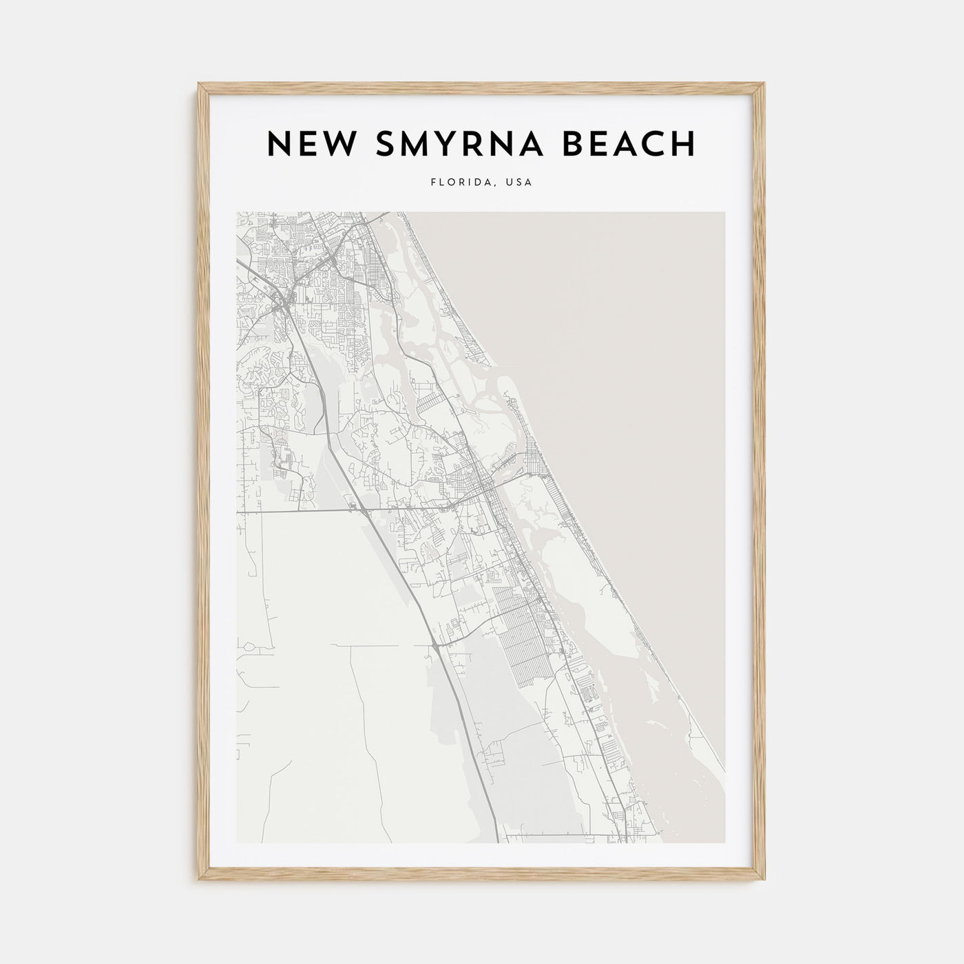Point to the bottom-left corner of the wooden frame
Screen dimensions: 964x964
coord(199,879)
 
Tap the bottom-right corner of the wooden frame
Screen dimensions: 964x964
coord(765,879)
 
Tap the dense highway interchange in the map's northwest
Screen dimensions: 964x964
coord(281,300)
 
